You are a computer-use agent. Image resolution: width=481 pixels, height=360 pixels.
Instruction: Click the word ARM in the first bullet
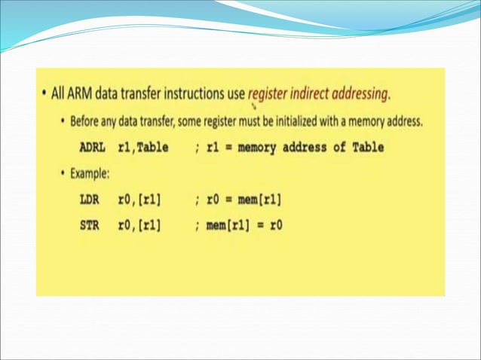point(79,94)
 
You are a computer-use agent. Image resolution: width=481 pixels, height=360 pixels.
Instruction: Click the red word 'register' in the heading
point(270,95)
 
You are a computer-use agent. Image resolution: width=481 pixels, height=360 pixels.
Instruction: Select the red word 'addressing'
point(364,95)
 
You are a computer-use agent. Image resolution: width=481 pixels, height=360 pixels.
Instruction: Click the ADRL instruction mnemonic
point(93,148)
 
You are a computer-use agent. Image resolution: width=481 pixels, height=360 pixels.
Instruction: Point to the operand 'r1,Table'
point(143,148)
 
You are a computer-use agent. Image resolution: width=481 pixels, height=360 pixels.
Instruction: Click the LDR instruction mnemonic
point(90,200)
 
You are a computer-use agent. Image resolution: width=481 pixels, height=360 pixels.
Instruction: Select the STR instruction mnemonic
point(90,224)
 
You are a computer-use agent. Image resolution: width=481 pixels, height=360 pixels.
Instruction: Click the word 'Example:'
point(90,173)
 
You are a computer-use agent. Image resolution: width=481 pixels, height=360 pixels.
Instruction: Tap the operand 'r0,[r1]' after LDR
point(139,200)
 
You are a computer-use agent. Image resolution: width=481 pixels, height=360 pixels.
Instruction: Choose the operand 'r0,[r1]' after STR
point(139,224)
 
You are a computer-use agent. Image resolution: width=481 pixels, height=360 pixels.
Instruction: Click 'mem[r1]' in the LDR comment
point(259,200)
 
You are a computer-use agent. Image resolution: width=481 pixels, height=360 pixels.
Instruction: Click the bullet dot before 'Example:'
point(63,173)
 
